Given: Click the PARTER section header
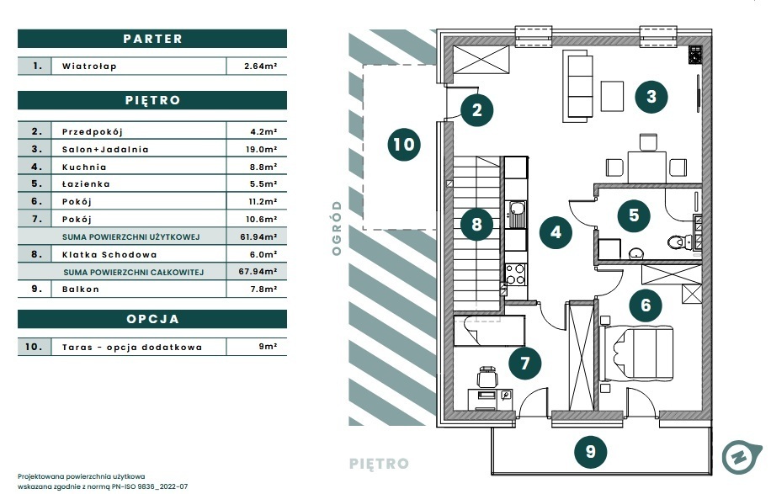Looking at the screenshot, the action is point(152,39).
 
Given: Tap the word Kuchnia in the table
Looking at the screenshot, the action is point(84,167).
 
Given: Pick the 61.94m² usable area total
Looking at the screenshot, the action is point(258,237).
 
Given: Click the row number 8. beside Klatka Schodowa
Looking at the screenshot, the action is point(37,254).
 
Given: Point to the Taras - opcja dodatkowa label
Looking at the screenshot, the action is point(132,347).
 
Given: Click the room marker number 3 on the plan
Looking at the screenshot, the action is point(651,96).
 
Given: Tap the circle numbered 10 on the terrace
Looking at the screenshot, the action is point(404,145).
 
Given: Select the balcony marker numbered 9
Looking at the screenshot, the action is point(591,451).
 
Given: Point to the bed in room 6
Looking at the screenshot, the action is point(636,353).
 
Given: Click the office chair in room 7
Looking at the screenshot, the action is point(487,377).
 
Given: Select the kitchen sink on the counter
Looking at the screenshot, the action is point(515,215).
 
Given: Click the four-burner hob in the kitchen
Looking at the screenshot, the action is point(515,274).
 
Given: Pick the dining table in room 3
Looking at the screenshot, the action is point(646,167).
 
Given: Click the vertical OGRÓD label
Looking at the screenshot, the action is point(337,228).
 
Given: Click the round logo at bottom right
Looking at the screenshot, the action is point(742,457).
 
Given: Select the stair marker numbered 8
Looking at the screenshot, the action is point(476,224).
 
